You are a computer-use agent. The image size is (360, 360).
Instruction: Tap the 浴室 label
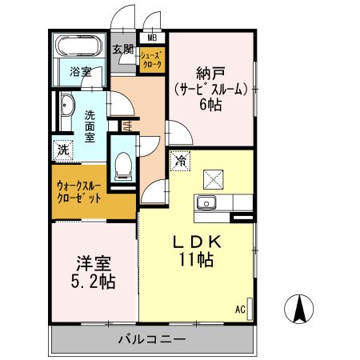tap(78, 70)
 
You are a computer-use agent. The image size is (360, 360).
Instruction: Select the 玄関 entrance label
tap(122, 50)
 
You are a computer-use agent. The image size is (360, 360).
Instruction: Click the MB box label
tap(151, 37)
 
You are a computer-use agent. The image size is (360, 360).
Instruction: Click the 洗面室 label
tap(91, 126)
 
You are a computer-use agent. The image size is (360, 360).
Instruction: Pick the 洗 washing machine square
tap(62, 150)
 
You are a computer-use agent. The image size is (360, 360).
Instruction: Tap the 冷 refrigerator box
tap(179, 161)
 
